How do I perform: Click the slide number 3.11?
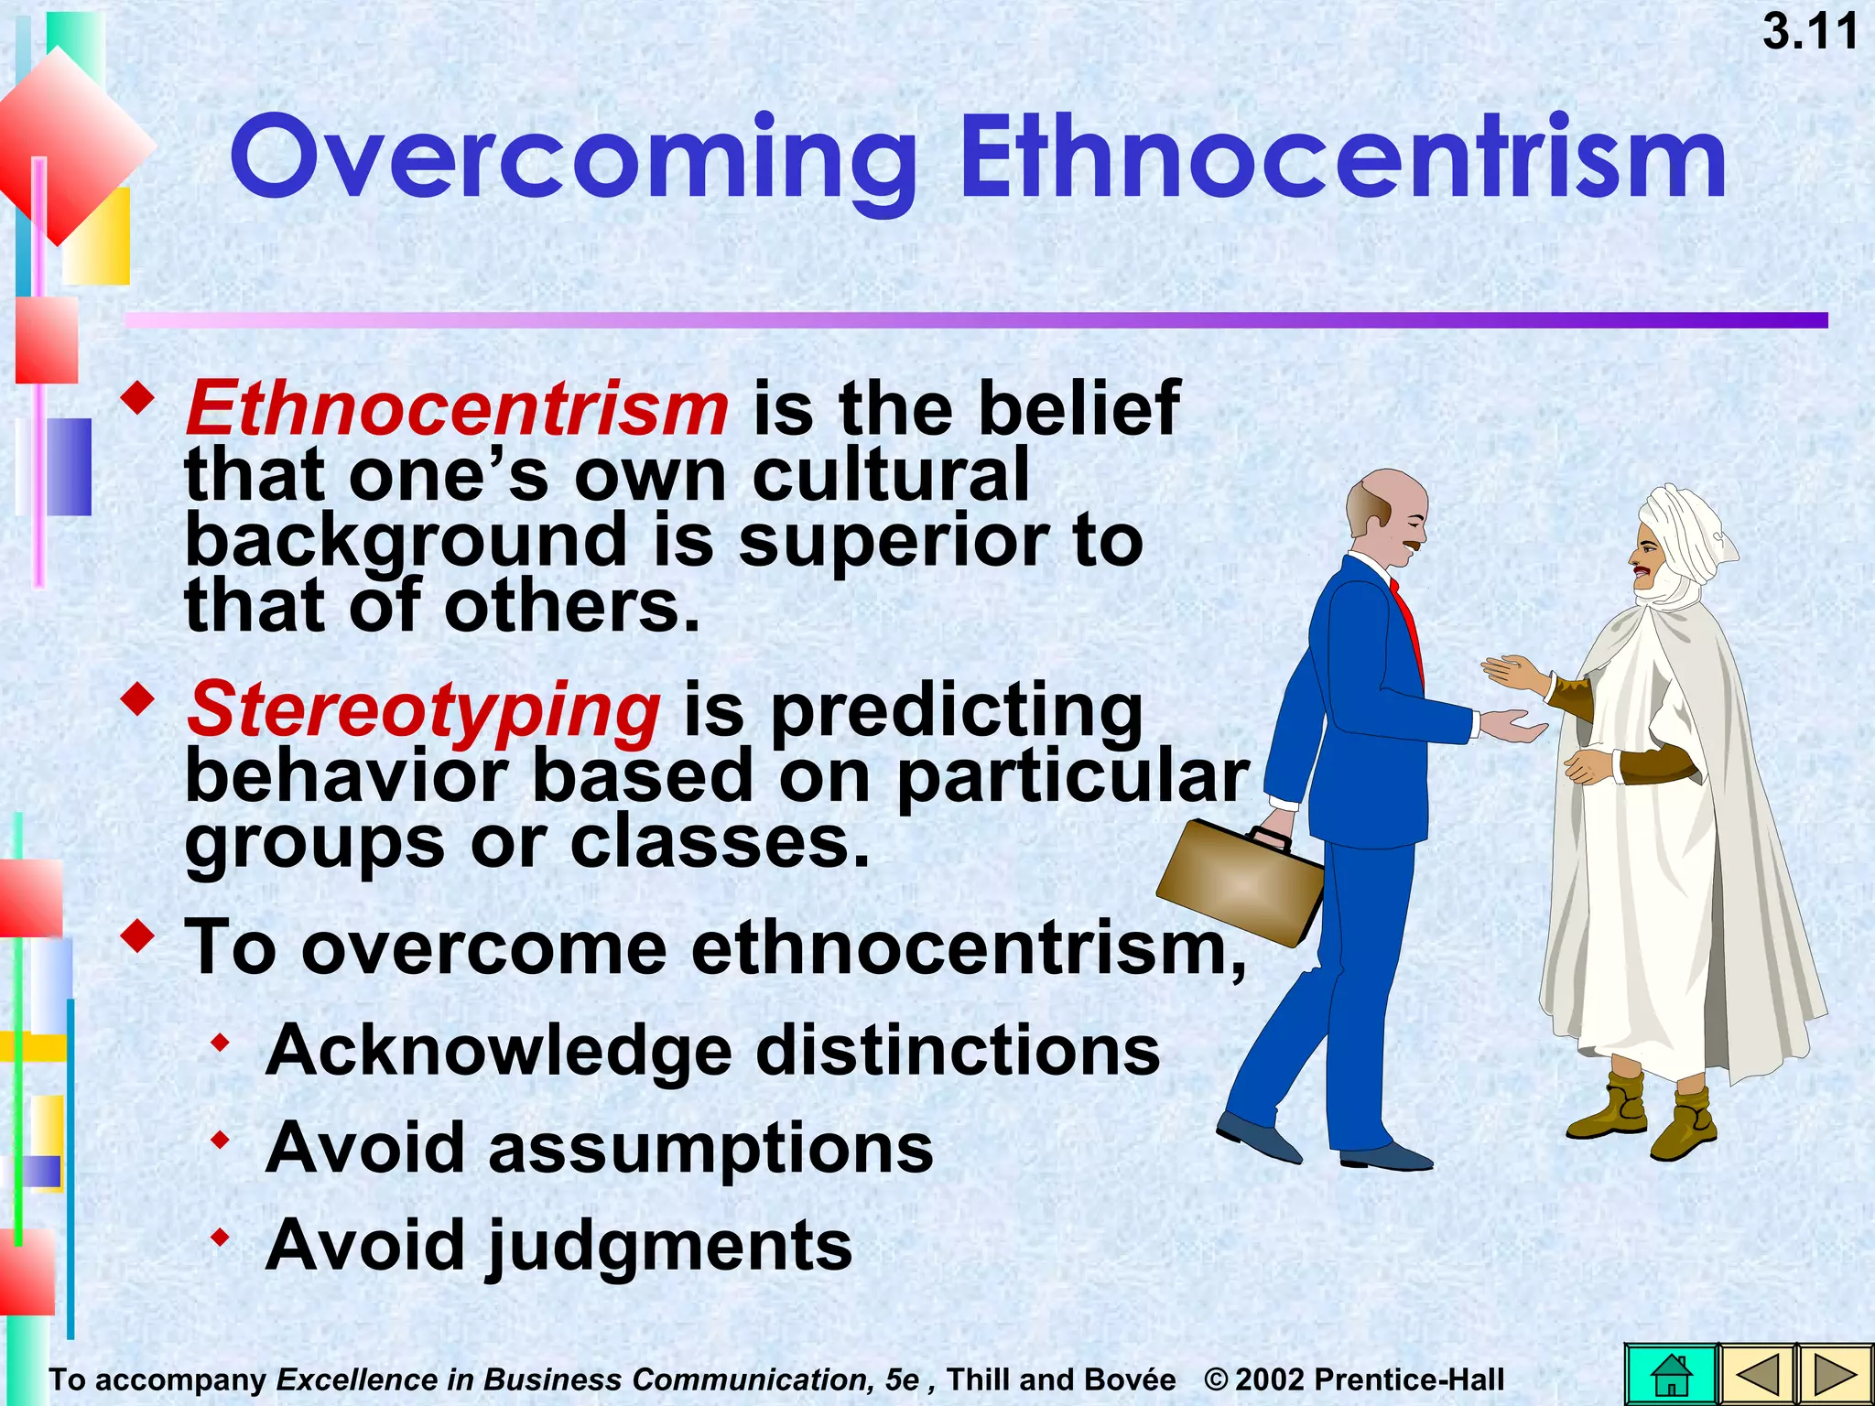pos(1810,32)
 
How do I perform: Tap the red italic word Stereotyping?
pos(423,710)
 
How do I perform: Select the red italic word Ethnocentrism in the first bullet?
pos(457,408)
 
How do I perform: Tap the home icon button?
pos(1671,1374)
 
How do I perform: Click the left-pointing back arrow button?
pos(1755,1374)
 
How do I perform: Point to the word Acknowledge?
pos(499,1051)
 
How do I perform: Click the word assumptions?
pos(710,1148)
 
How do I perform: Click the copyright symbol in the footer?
pos(1216,1379)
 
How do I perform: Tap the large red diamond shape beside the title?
pos(73,146)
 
